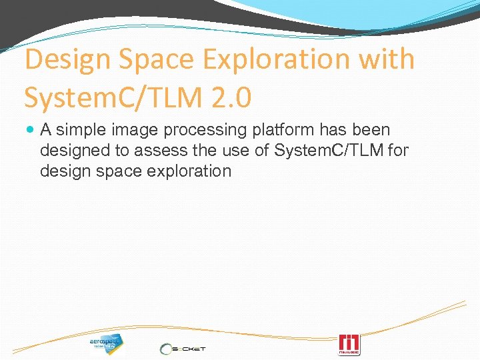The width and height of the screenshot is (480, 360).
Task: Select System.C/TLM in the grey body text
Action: click(329, 150)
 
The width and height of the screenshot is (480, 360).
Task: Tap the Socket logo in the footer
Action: click(183, 348)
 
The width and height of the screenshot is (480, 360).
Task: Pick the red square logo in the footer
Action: click(349, 344)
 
